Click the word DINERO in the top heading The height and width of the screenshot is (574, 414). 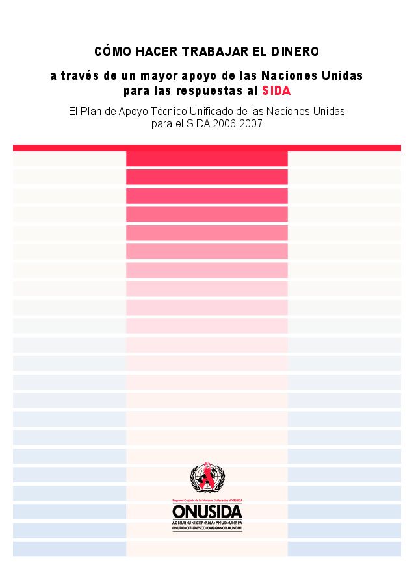pyautogui.click(x=295, y=51)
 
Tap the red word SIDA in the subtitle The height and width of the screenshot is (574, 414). pyautogui.click(x=276, y=90)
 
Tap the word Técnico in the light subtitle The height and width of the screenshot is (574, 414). pyautogui.click(x=187, y=111)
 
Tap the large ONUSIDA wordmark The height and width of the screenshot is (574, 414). pyautogui.click(x=207, y=512)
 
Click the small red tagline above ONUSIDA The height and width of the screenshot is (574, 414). pyautogui.click(x=207, y=501)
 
